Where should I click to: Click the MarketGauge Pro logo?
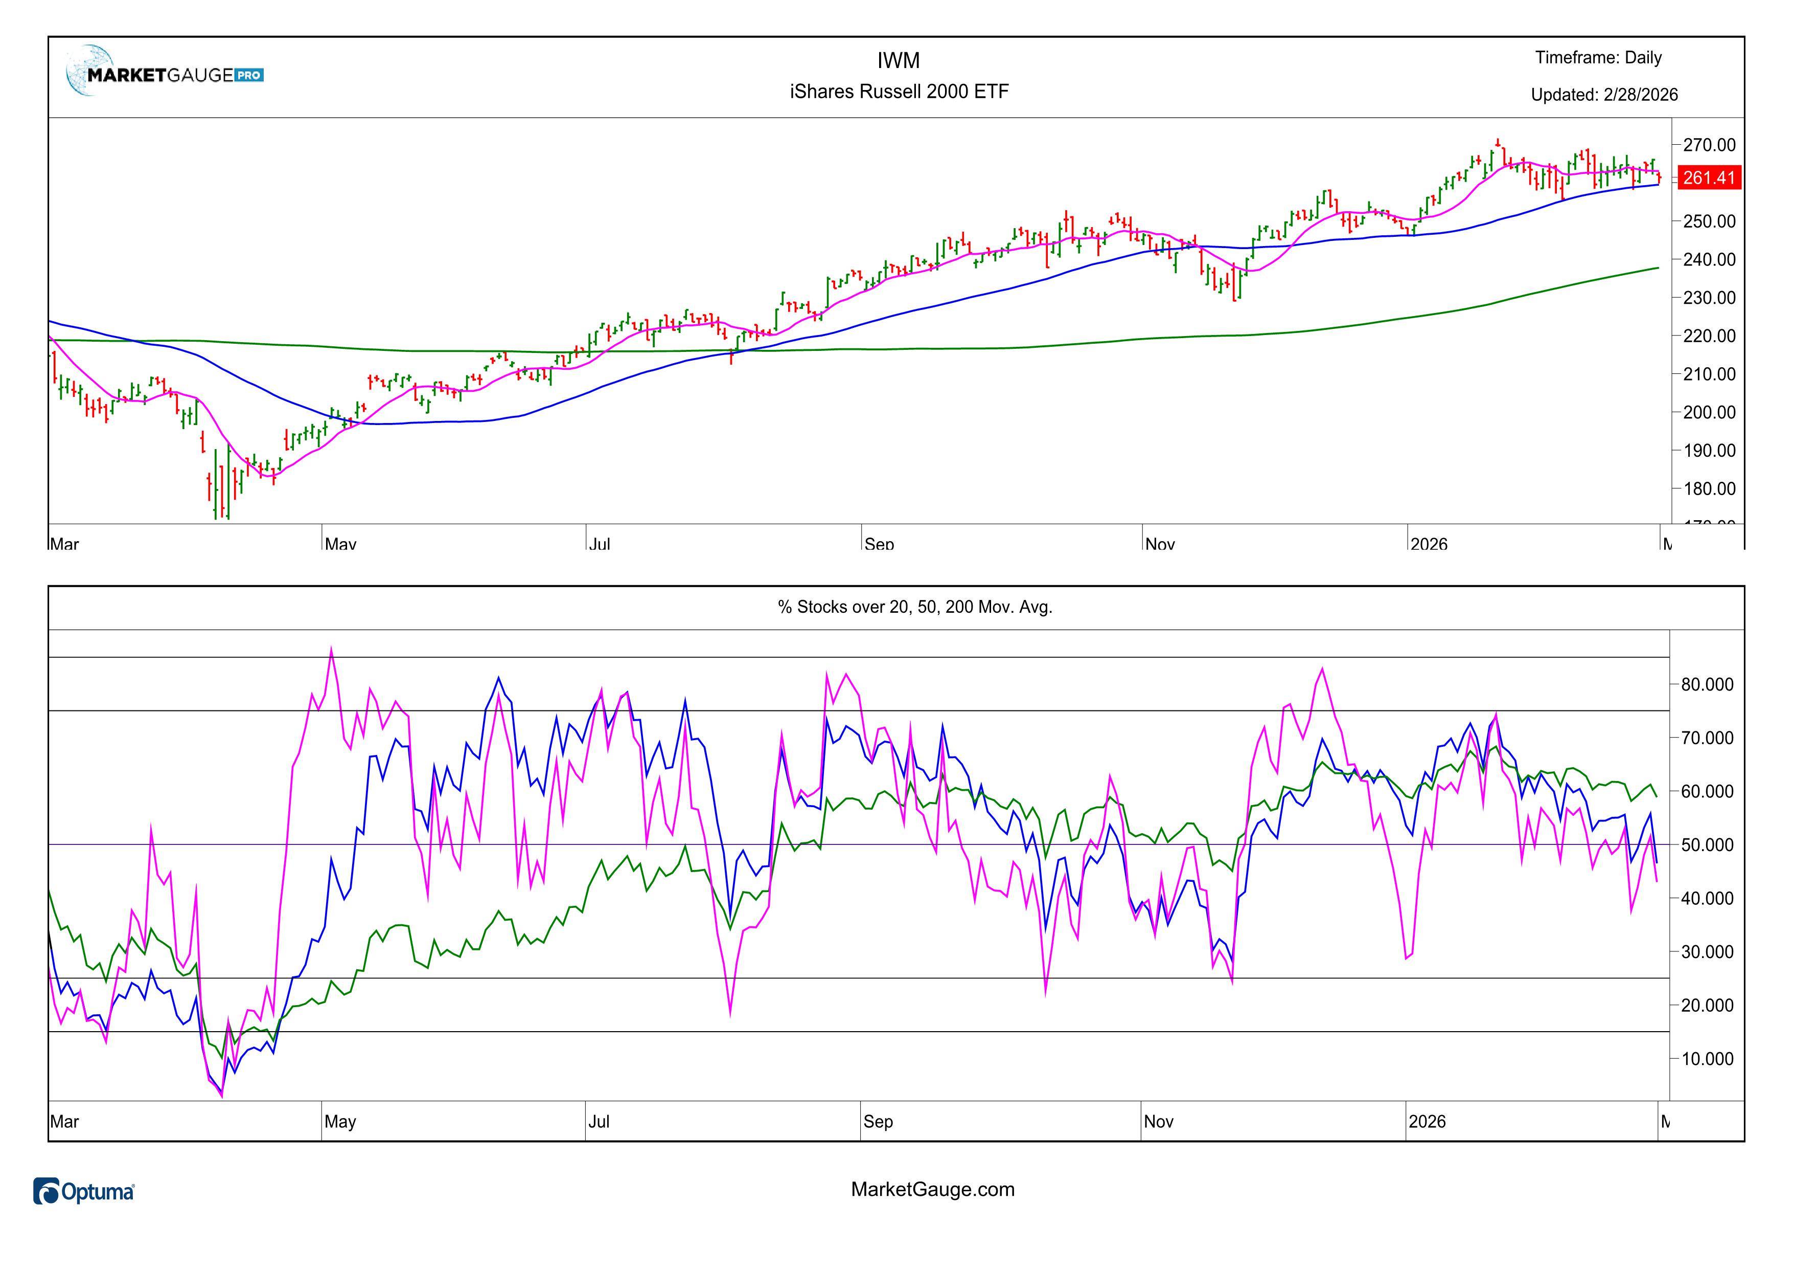(166, 74)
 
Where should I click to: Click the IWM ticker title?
(898, 60)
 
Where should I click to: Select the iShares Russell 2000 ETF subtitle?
(899, 92)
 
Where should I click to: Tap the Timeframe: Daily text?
(1598, 58)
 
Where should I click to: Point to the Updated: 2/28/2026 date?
(1603, 95)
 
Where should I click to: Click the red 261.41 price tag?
(1708, 177)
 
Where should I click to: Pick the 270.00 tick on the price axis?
(1709, 145)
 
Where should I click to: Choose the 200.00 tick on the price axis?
(1709, 412)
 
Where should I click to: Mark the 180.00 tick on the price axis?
(1709, 488)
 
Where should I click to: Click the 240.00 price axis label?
(1709, 259)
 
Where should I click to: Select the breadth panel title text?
(914, 607)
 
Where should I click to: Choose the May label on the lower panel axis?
(340, 1121)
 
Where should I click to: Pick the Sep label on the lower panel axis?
(878, 1121)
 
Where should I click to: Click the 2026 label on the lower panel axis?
(1426, 1121)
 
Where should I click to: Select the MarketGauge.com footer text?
(932, 1189)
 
